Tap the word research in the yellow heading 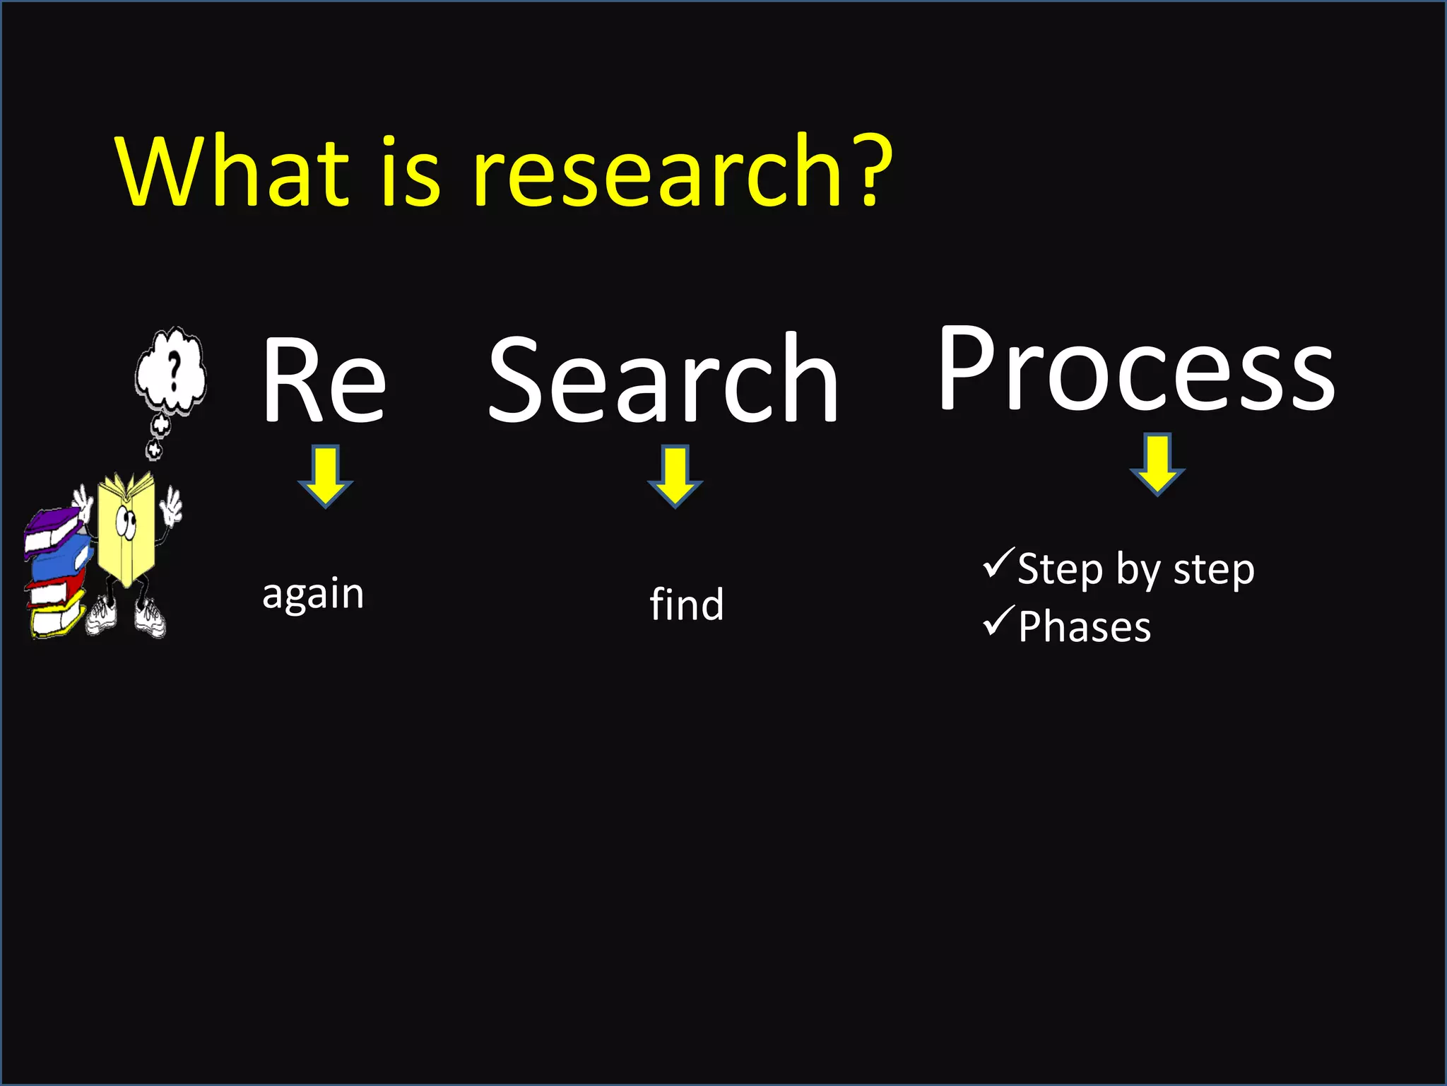click(x=657, y=173)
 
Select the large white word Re click(x=324, y=382)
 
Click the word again click(x=313, y=594)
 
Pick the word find click(x=687, y=605)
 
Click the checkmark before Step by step click(x=998, y=564)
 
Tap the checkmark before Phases click(x=998, y=621)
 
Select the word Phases click(x=1085, y=627)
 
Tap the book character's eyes click(x=126, y=521)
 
